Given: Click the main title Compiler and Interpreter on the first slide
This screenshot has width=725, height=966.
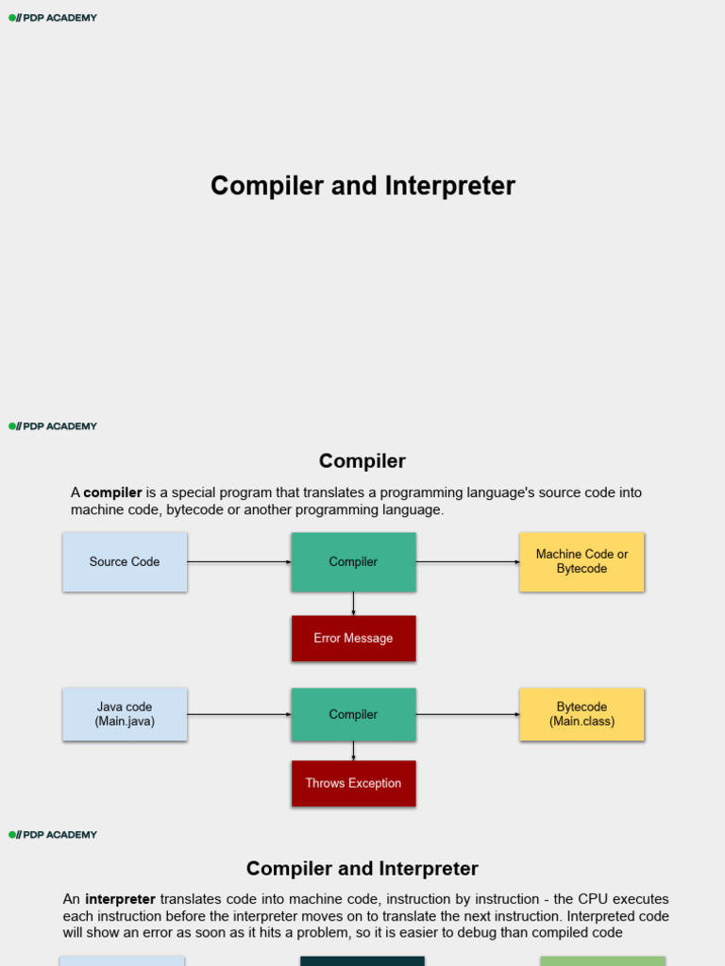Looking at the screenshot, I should (x=362, y=186).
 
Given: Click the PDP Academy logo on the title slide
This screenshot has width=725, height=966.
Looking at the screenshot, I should (x=53, y=18).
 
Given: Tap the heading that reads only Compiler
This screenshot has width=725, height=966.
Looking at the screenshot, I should (x=362, y=461).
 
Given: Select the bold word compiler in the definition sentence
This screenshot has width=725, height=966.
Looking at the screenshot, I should (x=112, y=492).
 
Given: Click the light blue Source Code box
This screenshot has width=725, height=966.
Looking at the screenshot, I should (x=125, y=562).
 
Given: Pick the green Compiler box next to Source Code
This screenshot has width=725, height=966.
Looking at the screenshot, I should (x=353, y=562).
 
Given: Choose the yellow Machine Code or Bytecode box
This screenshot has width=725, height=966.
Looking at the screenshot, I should (x=582, y=562).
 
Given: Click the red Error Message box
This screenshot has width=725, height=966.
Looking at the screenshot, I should (x=353, y=639).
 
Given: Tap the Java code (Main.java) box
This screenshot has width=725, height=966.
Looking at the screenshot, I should (x=125, y=714).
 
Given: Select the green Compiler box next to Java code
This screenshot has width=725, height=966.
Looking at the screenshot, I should (x=353, y=714).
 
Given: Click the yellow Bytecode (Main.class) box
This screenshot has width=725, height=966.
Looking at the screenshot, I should (x=582, y=714).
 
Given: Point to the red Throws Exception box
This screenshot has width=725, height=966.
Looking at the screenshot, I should (x=353, y=783).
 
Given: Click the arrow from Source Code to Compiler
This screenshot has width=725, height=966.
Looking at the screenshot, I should (x=239, y=562).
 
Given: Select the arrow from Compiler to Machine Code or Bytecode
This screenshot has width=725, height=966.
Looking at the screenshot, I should (x=467, y=562).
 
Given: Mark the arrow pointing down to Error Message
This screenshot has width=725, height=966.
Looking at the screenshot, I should (x=353, y=604).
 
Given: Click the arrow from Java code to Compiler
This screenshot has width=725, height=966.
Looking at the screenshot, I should (x=239, y=714).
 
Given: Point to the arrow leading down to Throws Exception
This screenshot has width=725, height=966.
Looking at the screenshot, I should (x=353, y=751).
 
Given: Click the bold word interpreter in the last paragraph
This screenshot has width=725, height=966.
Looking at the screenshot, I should (x=120, y=899).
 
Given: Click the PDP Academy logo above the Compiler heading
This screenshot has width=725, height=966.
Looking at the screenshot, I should (x=53, y=426).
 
